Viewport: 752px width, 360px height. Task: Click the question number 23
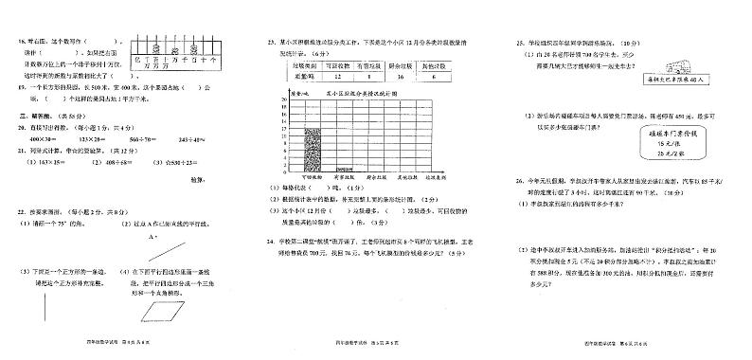[270, 44]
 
